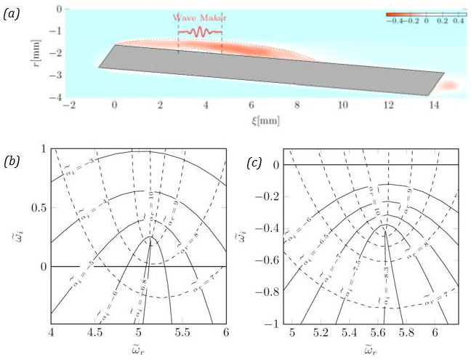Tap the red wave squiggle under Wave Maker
pyautogui.click(x=200, y=32)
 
